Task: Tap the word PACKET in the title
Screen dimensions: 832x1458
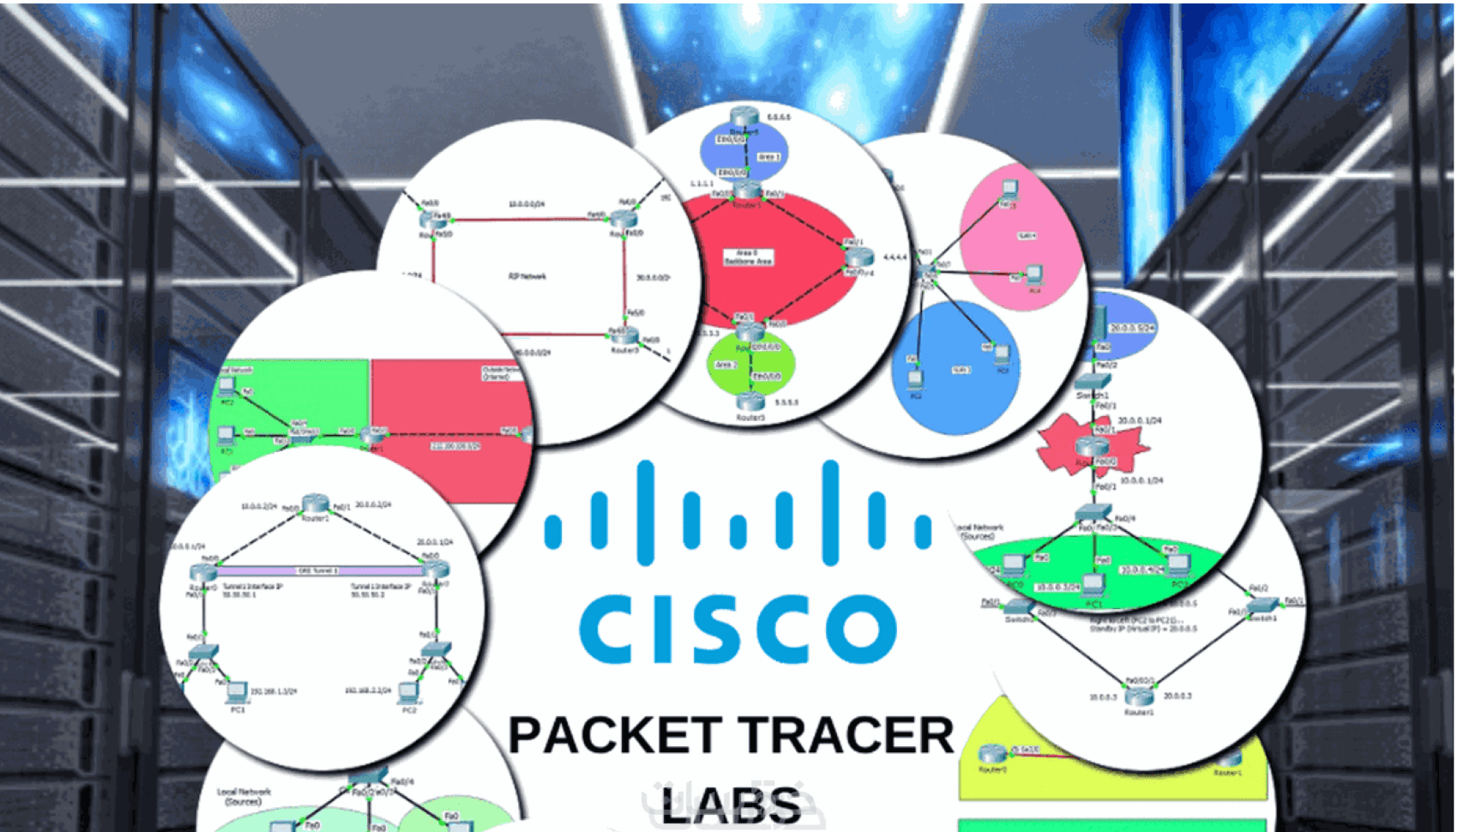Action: coord(613,736)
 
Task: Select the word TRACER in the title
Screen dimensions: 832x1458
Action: coord(846,736)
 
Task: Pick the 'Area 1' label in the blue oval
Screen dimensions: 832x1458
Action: coord(768,157)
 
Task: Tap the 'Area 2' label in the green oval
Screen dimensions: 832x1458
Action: coord(726,365)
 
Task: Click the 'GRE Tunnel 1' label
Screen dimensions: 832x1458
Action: coord(317,570)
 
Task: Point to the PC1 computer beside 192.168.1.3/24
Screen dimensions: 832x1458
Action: coord(236,691)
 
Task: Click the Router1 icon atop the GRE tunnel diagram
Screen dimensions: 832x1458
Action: coord(315,504)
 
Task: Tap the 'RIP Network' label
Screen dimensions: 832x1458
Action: coord(527,276)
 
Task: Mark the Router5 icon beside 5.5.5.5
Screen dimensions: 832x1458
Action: coord(750,401)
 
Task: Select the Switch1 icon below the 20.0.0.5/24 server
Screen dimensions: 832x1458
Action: coord(1092,382)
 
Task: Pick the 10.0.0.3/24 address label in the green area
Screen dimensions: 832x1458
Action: coord(1057,588)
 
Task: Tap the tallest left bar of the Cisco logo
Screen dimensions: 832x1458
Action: coord(646,512)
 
